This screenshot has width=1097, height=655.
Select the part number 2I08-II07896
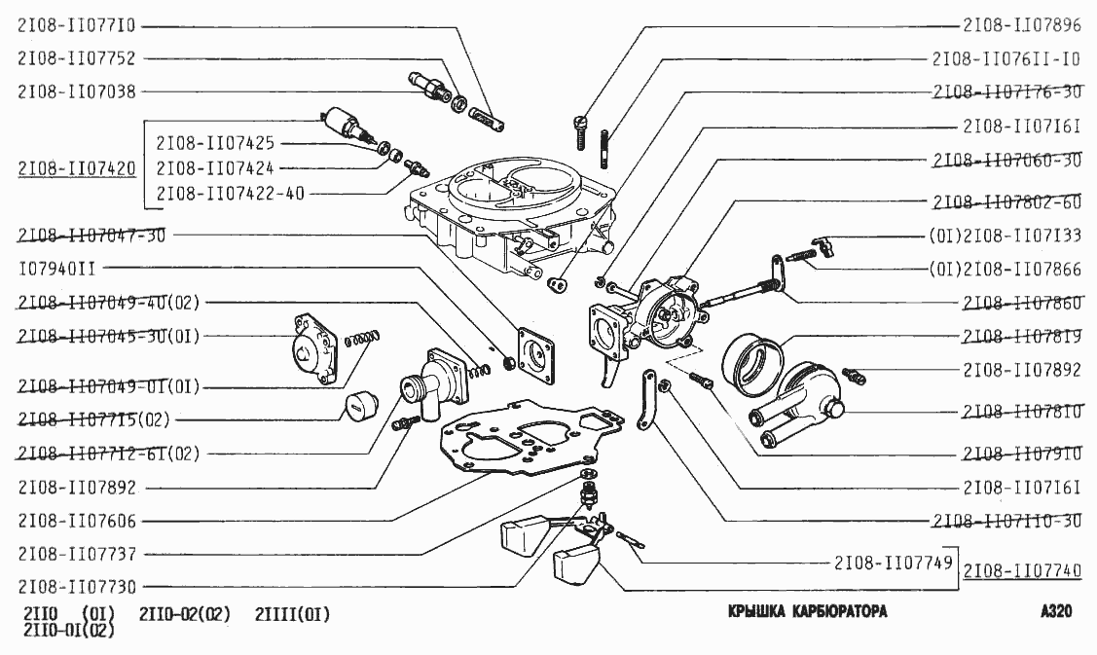[1021, 26]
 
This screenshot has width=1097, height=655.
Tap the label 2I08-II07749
[892, 563]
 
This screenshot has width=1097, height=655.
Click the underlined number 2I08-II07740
[1022, 570]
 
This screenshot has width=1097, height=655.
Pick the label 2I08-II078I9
[1021, 337]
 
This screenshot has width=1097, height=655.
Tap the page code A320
[1056, 613]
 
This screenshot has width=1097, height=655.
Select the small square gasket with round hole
[536, 350]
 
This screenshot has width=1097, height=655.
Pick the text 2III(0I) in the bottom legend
[292, 614]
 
